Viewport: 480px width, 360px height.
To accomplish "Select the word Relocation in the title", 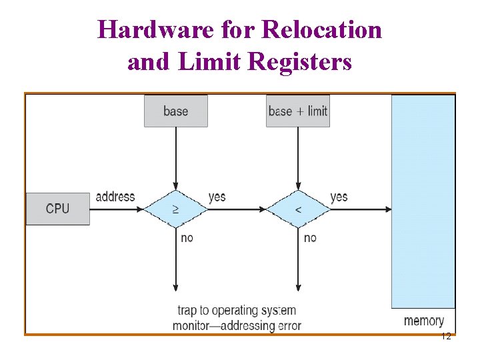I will point(323,29).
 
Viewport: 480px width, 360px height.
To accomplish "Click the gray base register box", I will point(175,111).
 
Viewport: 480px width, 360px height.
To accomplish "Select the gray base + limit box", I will point(298,111).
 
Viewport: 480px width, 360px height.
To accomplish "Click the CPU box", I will point(57,209).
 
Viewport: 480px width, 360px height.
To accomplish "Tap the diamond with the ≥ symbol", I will point(176,209).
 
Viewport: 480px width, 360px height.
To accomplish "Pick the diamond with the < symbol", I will point(298,209).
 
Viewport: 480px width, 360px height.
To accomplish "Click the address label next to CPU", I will point(115,197).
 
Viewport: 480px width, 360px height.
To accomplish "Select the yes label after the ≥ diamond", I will point(217,197).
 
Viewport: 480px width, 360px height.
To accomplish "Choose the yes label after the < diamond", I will point(339,197).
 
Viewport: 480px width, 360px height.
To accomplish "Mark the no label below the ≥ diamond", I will point(187,237).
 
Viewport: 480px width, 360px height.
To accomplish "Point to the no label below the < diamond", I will point(310,237).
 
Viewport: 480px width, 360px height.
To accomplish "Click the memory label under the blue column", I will point(423,321).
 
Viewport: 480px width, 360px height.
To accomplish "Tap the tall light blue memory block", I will point(423,200).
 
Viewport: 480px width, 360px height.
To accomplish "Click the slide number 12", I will point(446,337).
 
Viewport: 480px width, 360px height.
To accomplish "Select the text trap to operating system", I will point(237,311).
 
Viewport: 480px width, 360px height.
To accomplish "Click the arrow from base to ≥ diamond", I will point(176,157).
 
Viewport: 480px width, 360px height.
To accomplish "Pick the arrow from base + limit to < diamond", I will point(298,157).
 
